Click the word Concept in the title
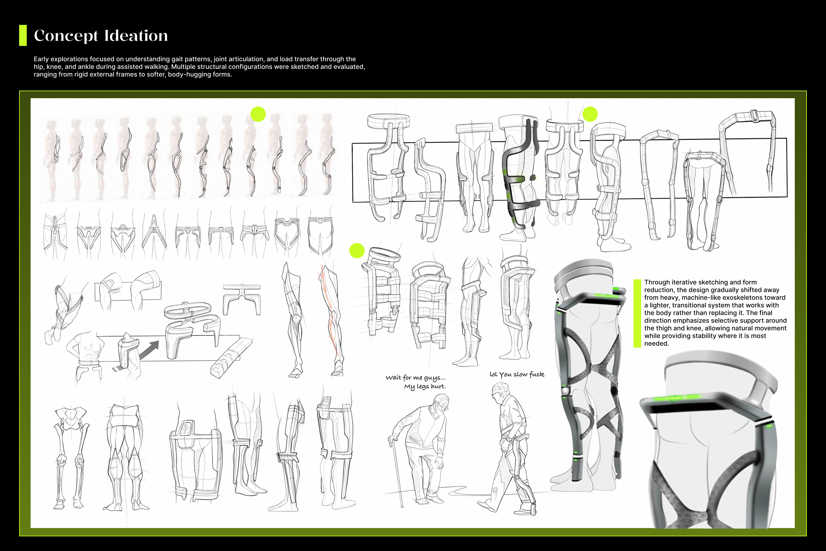[x=66, y=36]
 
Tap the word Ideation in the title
[x=136, y=35]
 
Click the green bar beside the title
[x=23, y=35]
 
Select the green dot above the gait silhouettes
[x=258, y=114]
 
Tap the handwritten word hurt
[x=438, y=386]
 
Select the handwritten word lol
[x=493, y=374]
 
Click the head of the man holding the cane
[x=442, y=403]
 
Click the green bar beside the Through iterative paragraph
[x=637, y=313]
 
